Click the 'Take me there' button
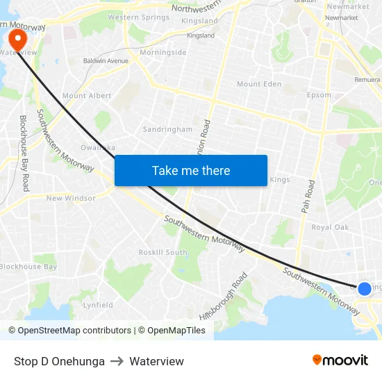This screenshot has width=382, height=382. click(190, 170)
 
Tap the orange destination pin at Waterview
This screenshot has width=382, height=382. click(13, 38)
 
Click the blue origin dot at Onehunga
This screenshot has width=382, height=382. click(365, 288)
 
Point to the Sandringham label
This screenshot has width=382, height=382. click(167, 129)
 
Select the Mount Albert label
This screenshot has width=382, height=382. click(87, 96)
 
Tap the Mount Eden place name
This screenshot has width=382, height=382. click(259, 84)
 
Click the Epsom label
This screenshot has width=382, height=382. click(319, 95)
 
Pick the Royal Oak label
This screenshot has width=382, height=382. click(330, 227)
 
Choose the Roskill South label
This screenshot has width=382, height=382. click(163, 252)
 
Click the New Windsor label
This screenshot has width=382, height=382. click(71, 198)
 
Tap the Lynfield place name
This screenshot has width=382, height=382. click(98, 305)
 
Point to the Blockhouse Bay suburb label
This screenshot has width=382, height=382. click(28, 267)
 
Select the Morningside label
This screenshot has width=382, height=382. click(163, 52)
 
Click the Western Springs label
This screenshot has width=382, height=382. click(138, 17)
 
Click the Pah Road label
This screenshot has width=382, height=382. click(308, 198)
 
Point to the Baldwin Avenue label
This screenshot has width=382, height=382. click(106, 61)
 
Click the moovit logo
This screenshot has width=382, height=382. click(340, 360)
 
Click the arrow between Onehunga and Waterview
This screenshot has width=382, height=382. click(117, 361)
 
